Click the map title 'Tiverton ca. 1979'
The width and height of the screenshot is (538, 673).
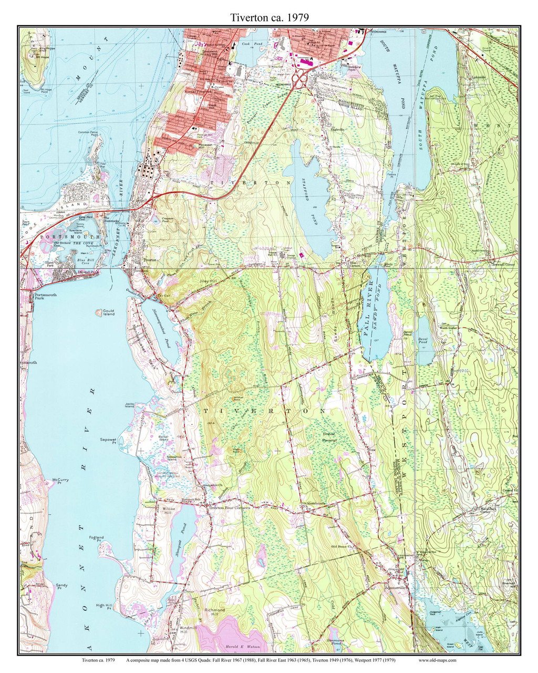click(269, 17)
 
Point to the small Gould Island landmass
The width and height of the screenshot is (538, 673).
click(98, 312)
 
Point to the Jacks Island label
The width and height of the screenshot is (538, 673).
click(130, 405)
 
